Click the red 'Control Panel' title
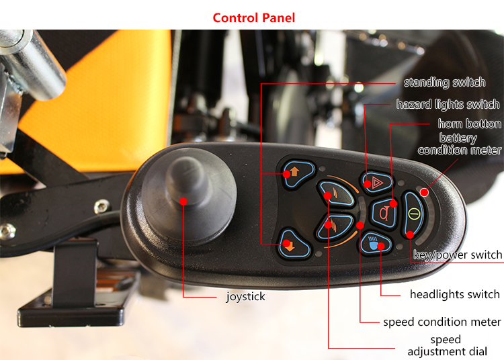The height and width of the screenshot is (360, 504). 253,17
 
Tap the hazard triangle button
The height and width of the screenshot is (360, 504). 376,183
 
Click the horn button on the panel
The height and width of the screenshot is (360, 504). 384,213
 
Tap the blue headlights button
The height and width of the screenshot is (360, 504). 375,243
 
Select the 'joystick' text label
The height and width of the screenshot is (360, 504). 245,296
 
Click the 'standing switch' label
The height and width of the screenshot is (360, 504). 445,83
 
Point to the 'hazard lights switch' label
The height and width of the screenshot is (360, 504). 448,104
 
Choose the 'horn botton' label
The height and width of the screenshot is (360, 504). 469,124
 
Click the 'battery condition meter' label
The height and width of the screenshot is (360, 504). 460,144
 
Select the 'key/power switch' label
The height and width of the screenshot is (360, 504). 458,255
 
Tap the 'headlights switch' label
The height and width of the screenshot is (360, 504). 455,294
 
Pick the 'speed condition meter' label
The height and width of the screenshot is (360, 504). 442,322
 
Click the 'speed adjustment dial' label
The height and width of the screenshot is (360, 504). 447,345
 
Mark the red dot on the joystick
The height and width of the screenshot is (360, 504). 183,201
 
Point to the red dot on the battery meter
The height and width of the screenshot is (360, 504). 424,192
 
